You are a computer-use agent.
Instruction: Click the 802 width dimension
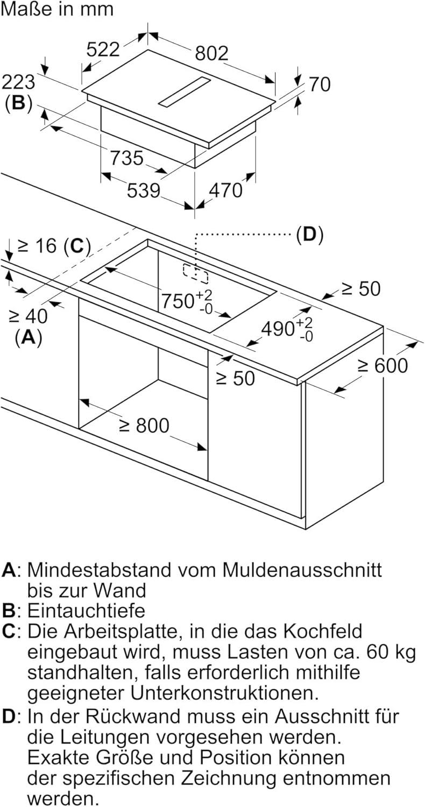click(x=211, y=53)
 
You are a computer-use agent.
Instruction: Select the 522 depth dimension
click(x=103, y=49)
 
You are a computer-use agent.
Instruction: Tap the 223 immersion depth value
click(x=18, y=82)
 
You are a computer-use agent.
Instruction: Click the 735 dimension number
click(x=127, y=158)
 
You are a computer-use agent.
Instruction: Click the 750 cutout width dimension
click(x=181, y=301)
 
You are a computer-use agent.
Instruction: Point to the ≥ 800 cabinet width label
click(x=144, y=426)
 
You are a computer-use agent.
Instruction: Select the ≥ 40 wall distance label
click(x=27, y=316)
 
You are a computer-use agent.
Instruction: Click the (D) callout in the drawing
click(x=309, y=235)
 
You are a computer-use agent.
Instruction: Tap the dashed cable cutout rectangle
click(x=195, y=273)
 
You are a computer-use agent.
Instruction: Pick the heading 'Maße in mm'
click(x=57, y=9)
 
